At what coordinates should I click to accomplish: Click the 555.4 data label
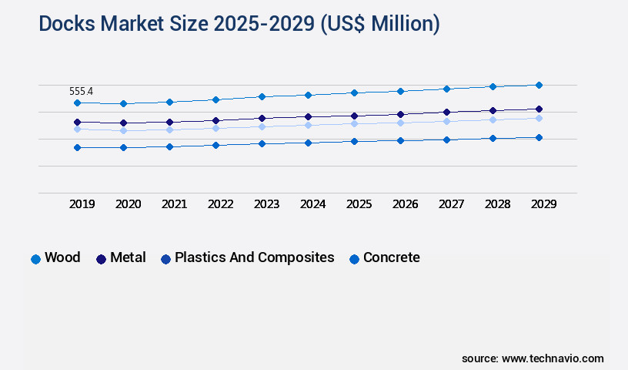pyautogui.click(x=81, y=92)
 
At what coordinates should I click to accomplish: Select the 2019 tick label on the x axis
pyautogui.click(x=82, y=204)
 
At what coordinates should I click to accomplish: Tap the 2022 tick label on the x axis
pyautogui.click(x=221, y=204)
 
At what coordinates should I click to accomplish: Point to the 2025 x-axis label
pyautogui.click(x=359, y=204)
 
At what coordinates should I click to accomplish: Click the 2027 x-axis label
pyautogui.click(x=452, y=204)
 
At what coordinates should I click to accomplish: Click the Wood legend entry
pyautogui.click(x=55, y=258)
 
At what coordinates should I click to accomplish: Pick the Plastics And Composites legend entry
pyautogui.click(x=247, y=258)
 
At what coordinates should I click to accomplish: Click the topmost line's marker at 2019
pyautogui.click(x=77, y=103)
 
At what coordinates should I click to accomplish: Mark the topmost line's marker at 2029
pyautogui.click(x=539, y=85)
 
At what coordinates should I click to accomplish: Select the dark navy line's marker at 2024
pyautogui.click(x=308, y=116)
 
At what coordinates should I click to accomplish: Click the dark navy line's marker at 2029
pyautogui.click(x=539, y=109)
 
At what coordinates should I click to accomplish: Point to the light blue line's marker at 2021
pyautogui.click(x=169, y=129)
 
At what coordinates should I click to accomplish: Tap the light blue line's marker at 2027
pyautogui.click(x=446, y=121)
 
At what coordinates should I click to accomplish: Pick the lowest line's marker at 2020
pyautogui.click(x=123, y=147)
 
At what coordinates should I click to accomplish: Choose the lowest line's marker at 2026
pyautogui.click(x=400, y=140)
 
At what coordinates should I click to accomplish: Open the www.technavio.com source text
pyautogui.click(x=553, y=358)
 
